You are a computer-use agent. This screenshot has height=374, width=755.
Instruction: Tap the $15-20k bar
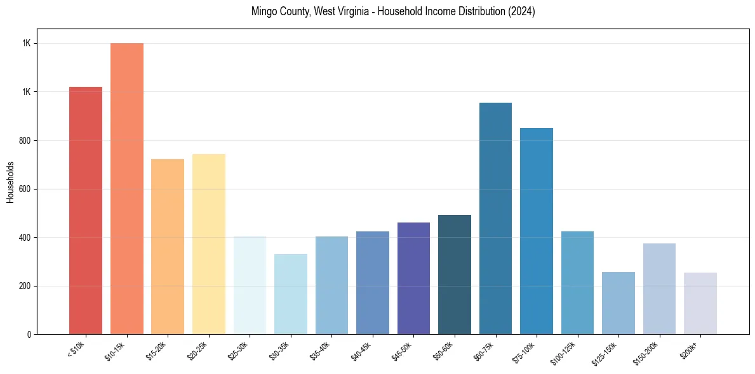168,247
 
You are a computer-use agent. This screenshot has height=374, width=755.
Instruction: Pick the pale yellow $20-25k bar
208,244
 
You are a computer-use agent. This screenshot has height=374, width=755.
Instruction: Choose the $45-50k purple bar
413,278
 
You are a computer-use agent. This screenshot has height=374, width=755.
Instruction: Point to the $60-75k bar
495,219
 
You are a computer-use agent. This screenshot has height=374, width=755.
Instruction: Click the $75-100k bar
537,231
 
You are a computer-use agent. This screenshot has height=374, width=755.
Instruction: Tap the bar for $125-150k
618,303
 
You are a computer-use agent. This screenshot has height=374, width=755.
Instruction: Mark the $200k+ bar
700,304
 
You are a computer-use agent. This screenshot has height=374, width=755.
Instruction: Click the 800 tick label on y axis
26,140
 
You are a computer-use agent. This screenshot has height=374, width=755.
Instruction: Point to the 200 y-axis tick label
26,286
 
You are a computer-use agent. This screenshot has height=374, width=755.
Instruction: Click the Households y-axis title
10,182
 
